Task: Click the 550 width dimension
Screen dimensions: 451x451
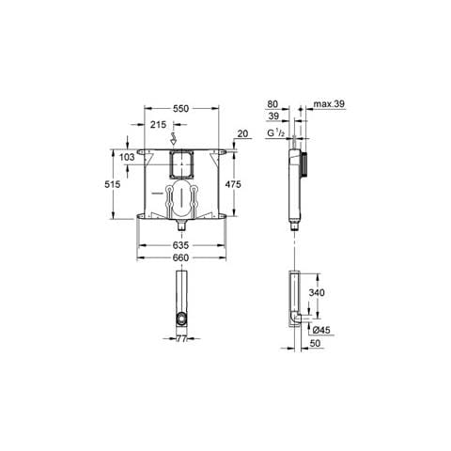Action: click(181, 108)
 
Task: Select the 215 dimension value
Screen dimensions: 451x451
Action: click(158, 125)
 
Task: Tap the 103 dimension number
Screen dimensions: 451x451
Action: click(127, 157)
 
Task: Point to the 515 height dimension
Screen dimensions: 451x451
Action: click(112, 184)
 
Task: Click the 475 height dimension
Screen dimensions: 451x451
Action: click(233, 184)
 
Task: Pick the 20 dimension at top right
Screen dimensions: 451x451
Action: click(242, 133)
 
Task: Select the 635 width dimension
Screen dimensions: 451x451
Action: click(181, 245)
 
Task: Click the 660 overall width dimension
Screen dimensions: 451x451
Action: click(181, 257)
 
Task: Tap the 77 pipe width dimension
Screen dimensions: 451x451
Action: click(181, 338)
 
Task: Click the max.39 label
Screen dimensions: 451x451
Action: click(329, 104)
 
